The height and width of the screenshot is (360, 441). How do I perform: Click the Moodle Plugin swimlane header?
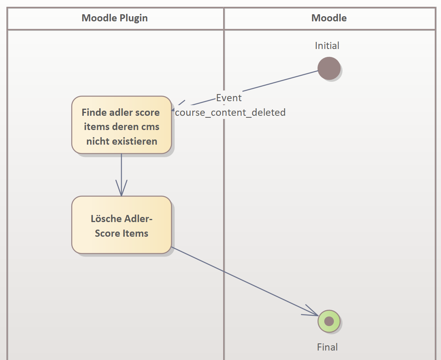(x=115, y=18)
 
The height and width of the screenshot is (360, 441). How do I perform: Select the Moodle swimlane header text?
(x=329, y=18)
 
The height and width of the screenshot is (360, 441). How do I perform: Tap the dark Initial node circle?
(x=329, y=68)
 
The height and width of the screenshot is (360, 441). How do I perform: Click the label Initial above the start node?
(x=327, y=46)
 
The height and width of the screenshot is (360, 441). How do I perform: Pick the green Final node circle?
(x=329, y=321)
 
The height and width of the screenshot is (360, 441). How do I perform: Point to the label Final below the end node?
(x=327, y=347)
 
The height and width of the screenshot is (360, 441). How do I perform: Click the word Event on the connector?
(x=229, y=98)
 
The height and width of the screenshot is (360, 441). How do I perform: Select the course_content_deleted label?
(x=230, y=113)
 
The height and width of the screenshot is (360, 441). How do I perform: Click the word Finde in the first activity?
(x=94, y=113)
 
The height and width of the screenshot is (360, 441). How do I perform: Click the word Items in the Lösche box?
(x=136, y=234)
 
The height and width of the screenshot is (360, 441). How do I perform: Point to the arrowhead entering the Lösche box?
(x=121, y=192)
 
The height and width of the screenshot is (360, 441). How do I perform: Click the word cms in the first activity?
(x=150, y=127)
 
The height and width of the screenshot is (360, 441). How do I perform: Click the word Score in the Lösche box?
(x=107, y=234)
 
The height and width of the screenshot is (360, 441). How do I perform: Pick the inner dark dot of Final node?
(x=329, y=321)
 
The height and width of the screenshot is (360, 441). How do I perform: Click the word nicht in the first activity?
(x=97, y=141)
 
